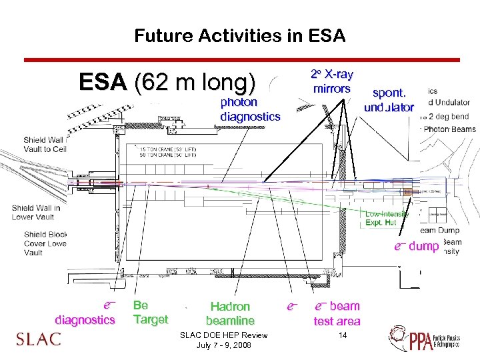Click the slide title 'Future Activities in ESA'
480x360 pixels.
[x=239, y=35]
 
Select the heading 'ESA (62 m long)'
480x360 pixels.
[x=167, y=83]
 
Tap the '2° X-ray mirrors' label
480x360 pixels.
[x=331, y=81]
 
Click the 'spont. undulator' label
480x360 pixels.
[x=389, y=100]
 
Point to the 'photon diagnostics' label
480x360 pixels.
[x=250, y=109]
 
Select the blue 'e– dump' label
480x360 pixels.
[x=416, y=246]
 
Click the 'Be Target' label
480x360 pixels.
[x=150, y=312]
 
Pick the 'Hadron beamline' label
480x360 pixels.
[x=230, y=313]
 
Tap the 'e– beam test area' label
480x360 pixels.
[x=337, y=313]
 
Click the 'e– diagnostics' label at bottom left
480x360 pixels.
[x=85, y=313]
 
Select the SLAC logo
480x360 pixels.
[x=39, y=339]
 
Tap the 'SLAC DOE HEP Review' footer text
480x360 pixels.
[x=224, y=335]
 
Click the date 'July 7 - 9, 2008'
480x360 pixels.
[x=224, y=345]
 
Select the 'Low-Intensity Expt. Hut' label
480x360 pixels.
[x=387, y=218]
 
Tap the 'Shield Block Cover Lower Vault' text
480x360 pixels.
[x=45, y=243]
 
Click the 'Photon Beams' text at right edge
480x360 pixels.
[x=450, y=129]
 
